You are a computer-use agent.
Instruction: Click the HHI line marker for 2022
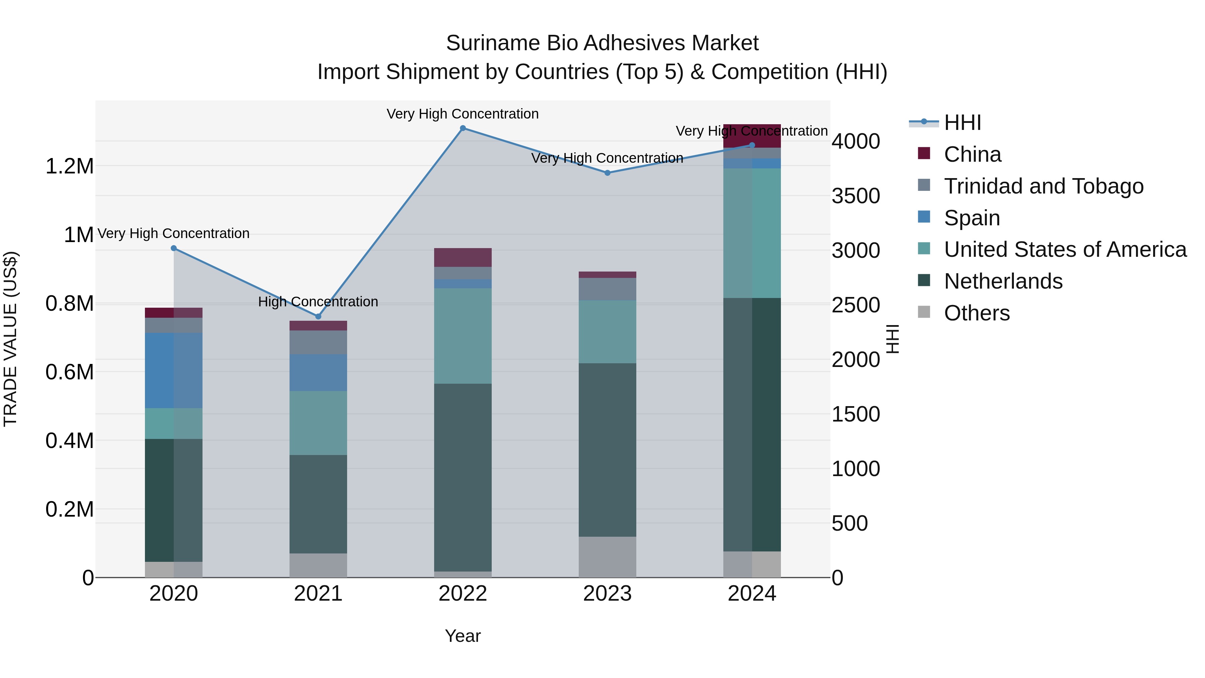463,128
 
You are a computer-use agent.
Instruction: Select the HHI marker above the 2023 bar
607,173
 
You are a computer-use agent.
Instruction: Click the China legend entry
972,154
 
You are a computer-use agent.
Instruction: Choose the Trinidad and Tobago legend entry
1043,186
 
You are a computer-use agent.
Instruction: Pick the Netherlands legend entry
1003,281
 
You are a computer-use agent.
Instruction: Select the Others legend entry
976,313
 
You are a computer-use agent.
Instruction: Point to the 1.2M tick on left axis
69,166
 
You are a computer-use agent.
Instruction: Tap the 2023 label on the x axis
607,594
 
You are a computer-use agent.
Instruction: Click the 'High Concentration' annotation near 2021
318,302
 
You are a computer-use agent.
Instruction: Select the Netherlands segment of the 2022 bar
463,477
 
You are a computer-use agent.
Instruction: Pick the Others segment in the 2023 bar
607,557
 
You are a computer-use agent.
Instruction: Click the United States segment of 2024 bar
752,233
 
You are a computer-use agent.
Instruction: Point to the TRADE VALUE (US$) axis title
10,339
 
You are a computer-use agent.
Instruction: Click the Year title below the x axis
463,636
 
